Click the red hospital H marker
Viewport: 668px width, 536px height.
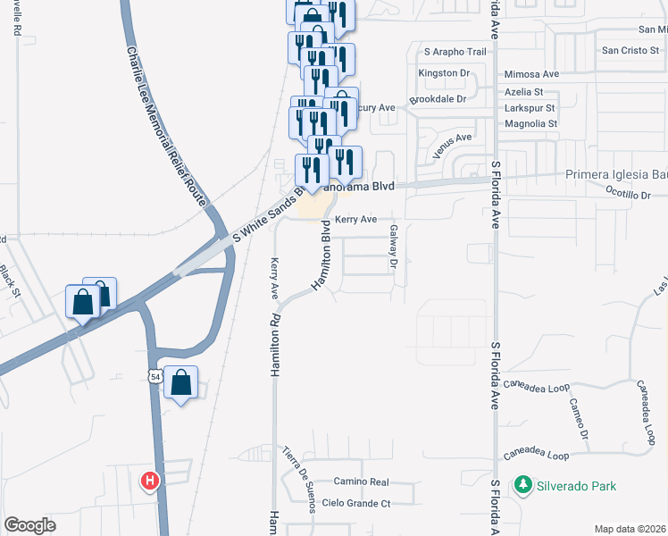click(x=150, y=482)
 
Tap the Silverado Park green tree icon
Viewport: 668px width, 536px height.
click(x=523, y=486)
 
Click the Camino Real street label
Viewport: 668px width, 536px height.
click(x=357, y=481)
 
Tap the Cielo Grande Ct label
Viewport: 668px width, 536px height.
click(x=356, y=504)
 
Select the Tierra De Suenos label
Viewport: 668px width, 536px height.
click(x=298, y=480)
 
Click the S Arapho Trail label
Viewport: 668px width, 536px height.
click(x=455, y=52)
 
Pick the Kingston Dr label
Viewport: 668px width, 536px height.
click(x=444, y=72)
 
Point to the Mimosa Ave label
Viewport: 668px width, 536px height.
click(x=531, y=74)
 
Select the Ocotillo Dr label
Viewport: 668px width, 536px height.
click(x=629, y=194)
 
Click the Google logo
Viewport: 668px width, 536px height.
click(x=29, y=525)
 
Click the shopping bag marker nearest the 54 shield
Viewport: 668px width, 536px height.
click(x=180, y=383)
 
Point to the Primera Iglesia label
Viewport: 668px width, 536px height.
click(x=616, y=176)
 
